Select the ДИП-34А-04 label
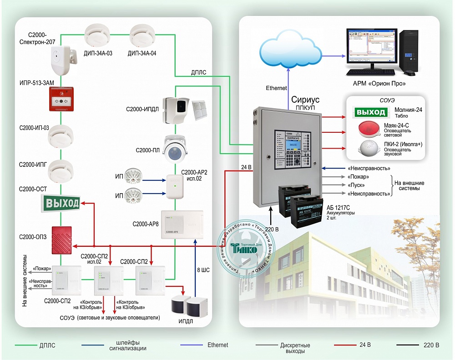pos(142,53)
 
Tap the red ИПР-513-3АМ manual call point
pos(61,100)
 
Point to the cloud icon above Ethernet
pos(288,48)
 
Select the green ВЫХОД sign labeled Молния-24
pos(371,112)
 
